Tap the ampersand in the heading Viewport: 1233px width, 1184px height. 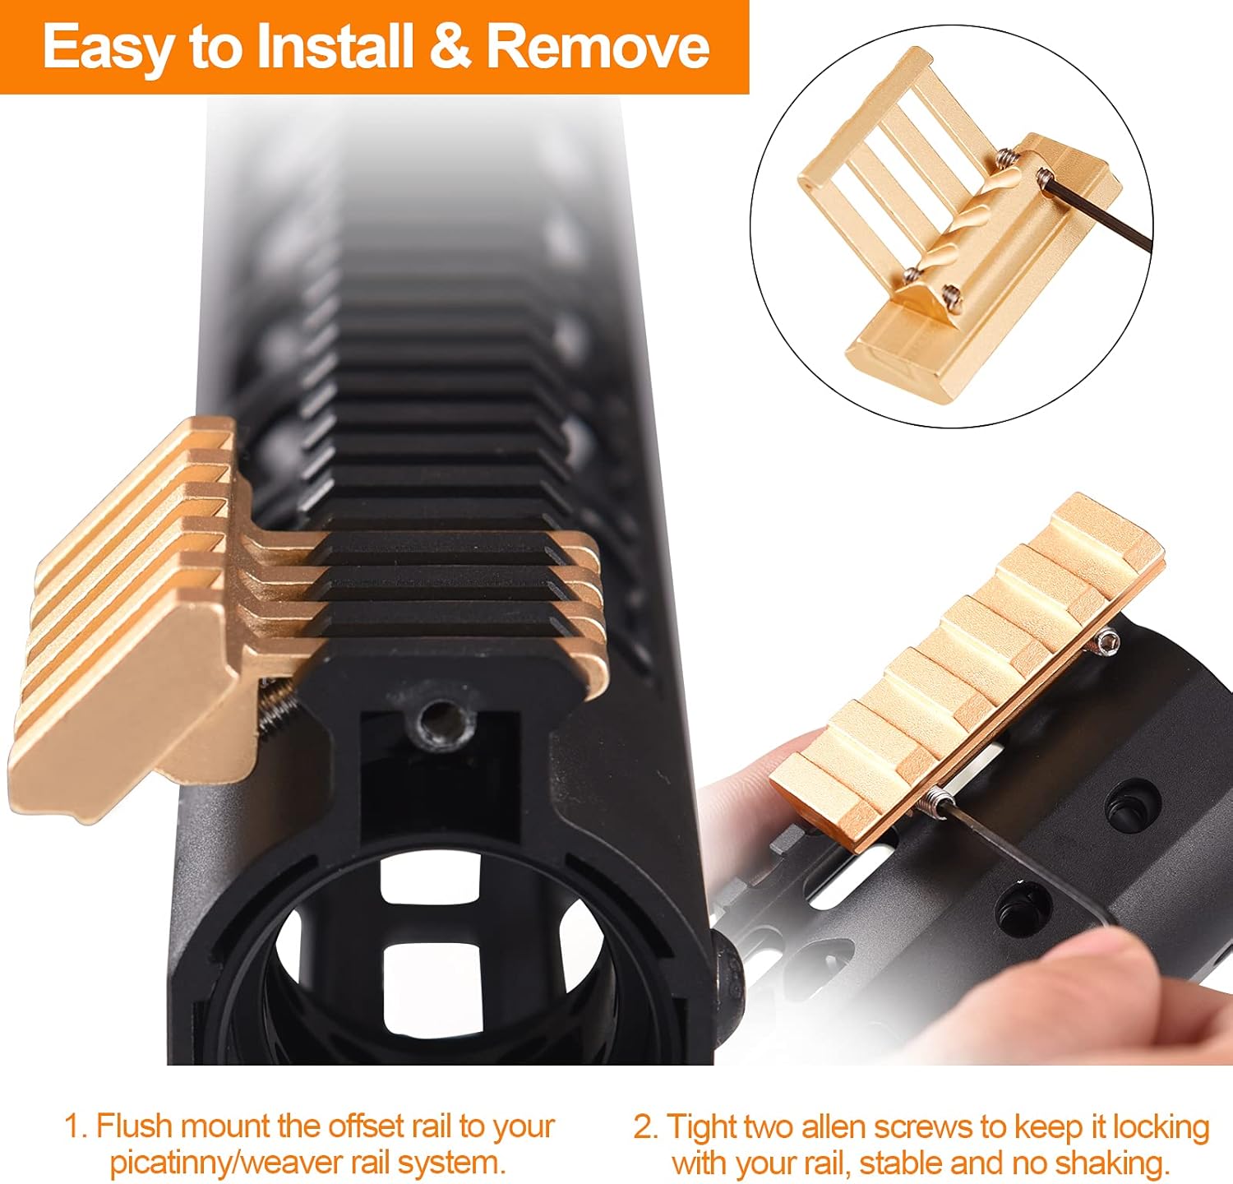(x=450, y=48)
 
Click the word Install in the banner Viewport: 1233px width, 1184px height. (x=333, y=48)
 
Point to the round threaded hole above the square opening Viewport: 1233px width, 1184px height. (x=441, y=724)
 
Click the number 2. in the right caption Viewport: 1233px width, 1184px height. (x=646, y=1126)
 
